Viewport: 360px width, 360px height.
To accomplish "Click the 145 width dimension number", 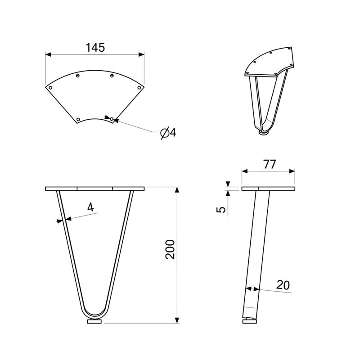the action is pos(95,48).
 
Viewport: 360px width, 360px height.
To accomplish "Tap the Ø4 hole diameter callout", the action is pos(168,133).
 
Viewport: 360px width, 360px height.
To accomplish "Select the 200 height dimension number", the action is pos(170,249).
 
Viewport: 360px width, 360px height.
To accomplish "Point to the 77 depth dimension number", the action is pos(269,164).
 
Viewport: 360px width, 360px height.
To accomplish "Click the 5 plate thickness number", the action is pos(221,210).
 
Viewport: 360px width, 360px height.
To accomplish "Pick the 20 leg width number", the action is pos(283,285).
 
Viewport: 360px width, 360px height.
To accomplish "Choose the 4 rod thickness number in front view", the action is pos(91,207).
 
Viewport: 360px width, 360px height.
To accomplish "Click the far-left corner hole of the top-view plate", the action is pos(50,87).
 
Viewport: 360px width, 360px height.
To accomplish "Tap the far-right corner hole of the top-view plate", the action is pos(139,87).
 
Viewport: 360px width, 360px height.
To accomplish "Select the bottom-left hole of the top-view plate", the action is pos(78,119).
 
